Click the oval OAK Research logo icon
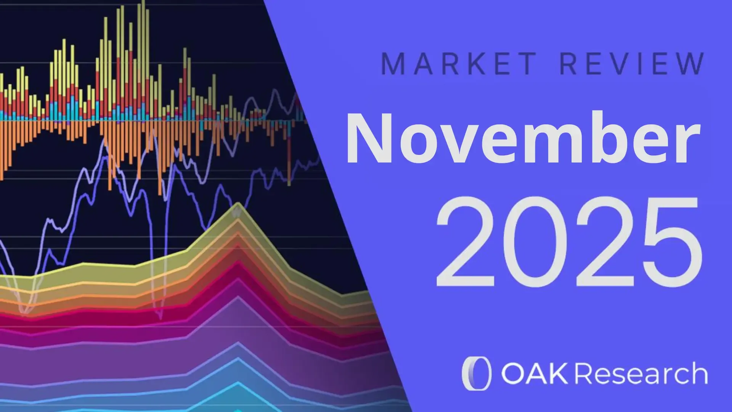point(477,373)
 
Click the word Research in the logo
point(641,373)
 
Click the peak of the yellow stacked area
point(238,206)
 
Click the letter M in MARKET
point(393,64)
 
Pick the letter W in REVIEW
point(690,64)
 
